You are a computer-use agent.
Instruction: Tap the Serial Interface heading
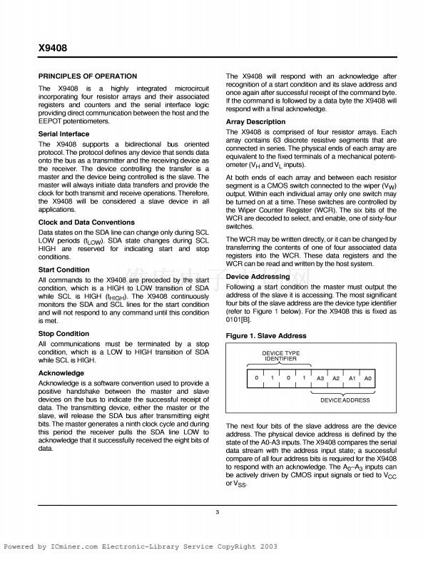[x=63, y=133]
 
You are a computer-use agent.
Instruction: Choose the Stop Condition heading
[x=63, y=333]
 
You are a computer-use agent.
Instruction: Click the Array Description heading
[x=255, y=122]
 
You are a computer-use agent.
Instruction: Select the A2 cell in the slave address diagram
[x=336, y=377]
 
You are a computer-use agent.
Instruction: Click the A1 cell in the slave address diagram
[x=352, y=377]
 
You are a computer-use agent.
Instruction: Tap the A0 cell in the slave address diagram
[x=368, y=377]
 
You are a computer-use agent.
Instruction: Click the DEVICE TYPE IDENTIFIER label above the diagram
[x=281, y=356]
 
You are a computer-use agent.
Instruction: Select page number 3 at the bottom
[x=218, y=511]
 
